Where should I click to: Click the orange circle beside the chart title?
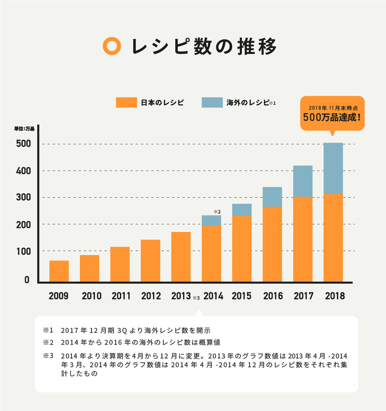(112, 46)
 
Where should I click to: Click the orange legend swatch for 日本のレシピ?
(126, 102)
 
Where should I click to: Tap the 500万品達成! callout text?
(332, 116)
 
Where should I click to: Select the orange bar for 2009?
(59, 271)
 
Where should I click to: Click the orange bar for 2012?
(150, 260)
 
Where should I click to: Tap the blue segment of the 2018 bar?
(333, 168)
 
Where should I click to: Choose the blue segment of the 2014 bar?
(211, 220)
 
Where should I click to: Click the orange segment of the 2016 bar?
(272, 244)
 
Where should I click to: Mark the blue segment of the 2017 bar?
(302, 181)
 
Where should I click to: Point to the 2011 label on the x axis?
(120, 296)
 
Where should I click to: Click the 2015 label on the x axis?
(242, 296)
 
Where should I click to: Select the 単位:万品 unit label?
(24, 128)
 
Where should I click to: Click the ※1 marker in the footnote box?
(48, 330)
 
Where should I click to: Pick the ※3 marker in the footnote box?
(48, 356)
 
